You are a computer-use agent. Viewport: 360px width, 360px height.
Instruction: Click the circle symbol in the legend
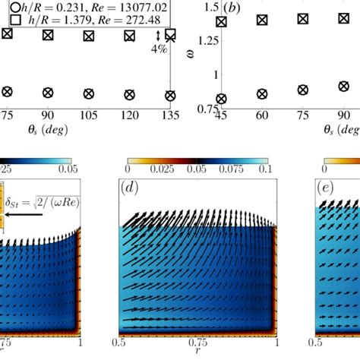15,9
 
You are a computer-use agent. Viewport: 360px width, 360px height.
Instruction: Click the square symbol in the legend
15,21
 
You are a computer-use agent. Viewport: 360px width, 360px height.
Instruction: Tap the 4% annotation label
158,49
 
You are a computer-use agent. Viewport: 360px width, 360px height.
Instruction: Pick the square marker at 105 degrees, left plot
88,35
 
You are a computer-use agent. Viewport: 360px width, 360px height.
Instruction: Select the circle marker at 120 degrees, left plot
128,94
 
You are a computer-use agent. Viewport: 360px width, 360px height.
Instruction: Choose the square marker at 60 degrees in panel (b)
262,19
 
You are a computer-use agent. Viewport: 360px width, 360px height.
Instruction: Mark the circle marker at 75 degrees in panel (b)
303,90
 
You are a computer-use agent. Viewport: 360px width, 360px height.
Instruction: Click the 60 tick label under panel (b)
262,114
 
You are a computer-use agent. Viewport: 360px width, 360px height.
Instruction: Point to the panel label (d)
129,185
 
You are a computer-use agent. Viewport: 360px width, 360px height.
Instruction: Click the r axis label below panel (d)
197,352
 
